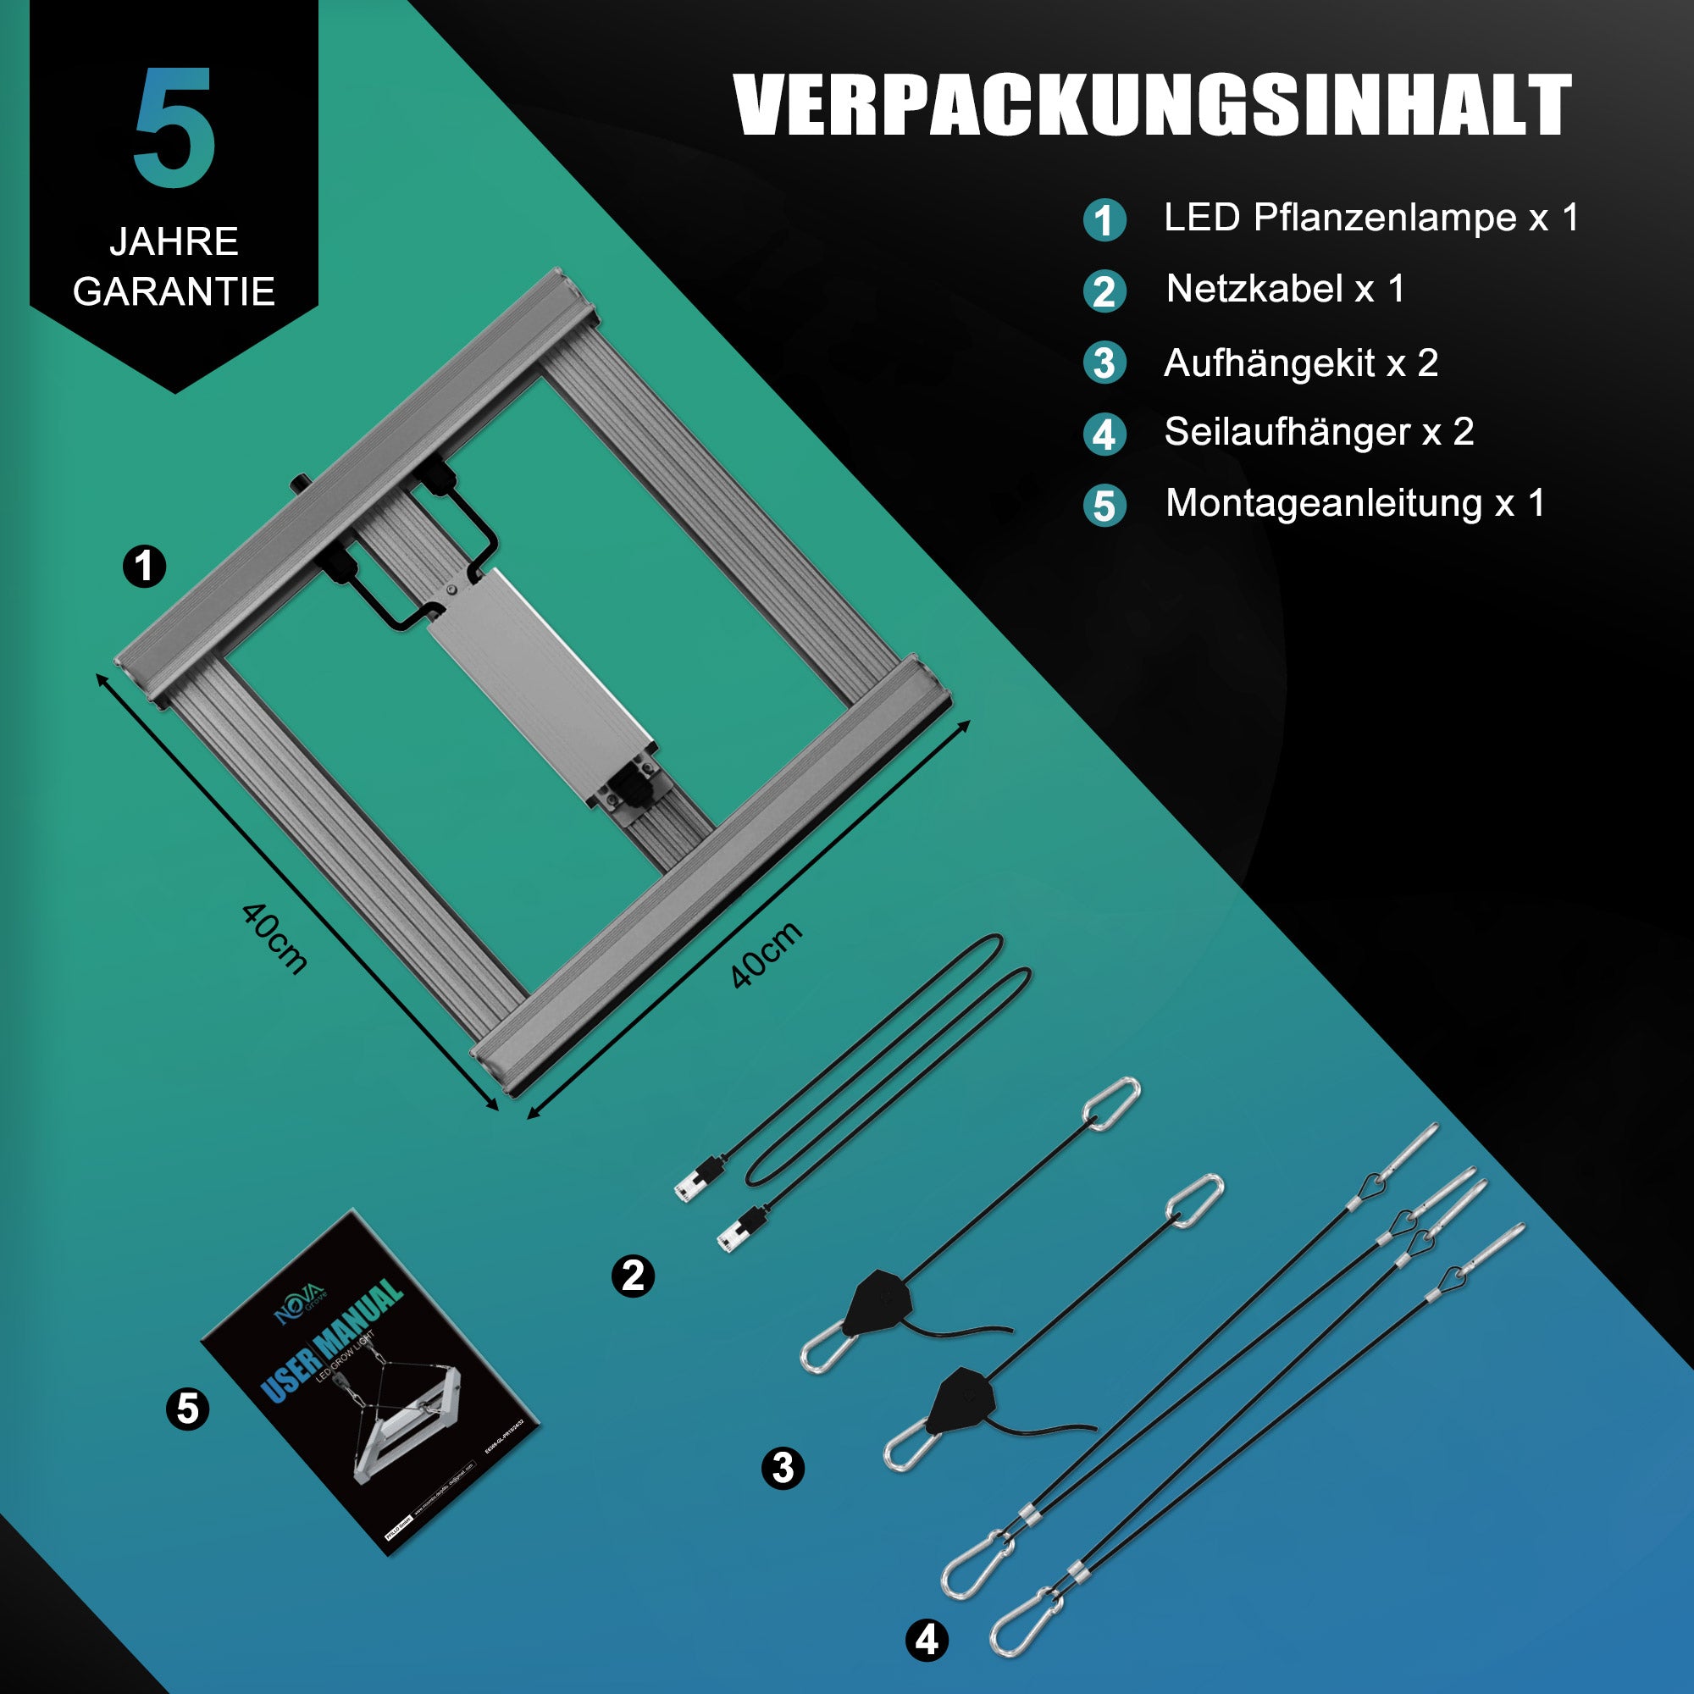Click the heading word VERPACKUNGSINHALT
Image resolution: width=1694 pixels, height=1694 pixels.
(1152, 105)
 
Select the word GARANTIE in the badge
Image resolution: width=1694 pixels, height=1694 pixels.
(174, 291)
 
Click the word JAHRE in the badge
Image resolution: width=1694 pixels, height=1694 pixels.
(174, 241)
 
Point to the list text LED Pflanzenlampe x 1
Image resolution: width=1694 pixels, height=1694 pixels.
(1370, 218)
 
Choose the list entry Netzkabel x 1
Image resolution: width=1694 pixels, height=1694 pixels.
(1285, 289)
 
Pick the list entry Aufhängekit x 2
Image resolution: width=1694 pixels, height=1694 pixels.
(1300, 363)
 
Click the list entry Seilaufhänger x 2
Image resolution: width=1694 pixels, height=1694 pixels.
(1319, 431)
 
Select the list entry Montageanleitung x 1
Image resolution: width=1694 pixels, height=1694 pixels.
(1354, 503)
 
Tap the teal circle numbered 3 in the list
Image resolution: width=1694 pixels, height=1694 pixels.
(1104, 364)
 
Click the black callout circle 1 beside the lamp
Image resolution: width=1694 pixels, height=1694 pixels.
(145, 567)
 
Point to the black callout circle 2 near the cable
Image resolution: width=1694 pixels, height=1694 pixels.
(633, 1276)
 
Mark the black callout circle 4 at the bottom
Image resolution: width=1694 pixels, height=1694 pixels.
(927, 1640)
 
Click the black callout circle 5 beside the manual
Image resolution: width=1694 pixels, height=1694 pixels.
(188, 1409)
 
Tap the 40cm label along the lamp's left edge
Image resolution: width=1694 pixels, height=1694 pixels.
(274, 939)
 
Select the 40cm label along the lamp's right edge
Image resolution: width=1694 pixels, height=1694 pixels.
(767, 955)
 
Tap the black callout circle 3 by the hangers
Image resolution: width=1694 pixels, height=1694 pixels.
(783, 1468)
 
